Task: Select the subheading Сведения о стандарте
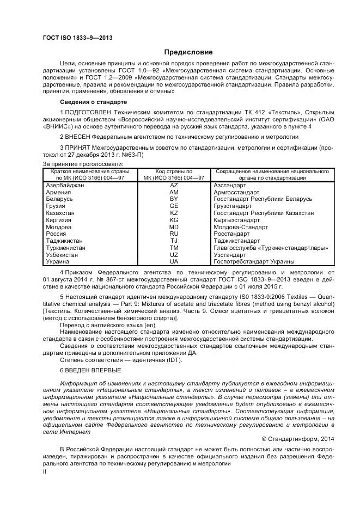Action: pos(93,102)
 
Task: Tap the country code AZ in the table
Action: pos(174,186)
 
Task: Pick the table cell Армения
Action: pos(58,193)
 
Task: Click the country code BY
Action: pos(174,199)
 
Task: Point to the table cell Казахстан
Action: pos(60,213)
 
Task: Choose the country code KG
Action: pos(174,220)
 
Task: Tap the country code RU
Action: pos(174,234)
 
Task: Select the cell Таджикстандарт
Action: pos(237,241)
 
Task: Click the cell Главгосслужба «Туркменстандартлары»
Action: pos(271,248)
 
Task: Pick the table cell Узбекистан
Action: pos(63,254)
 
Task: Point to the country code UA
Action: pos(174,261)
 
